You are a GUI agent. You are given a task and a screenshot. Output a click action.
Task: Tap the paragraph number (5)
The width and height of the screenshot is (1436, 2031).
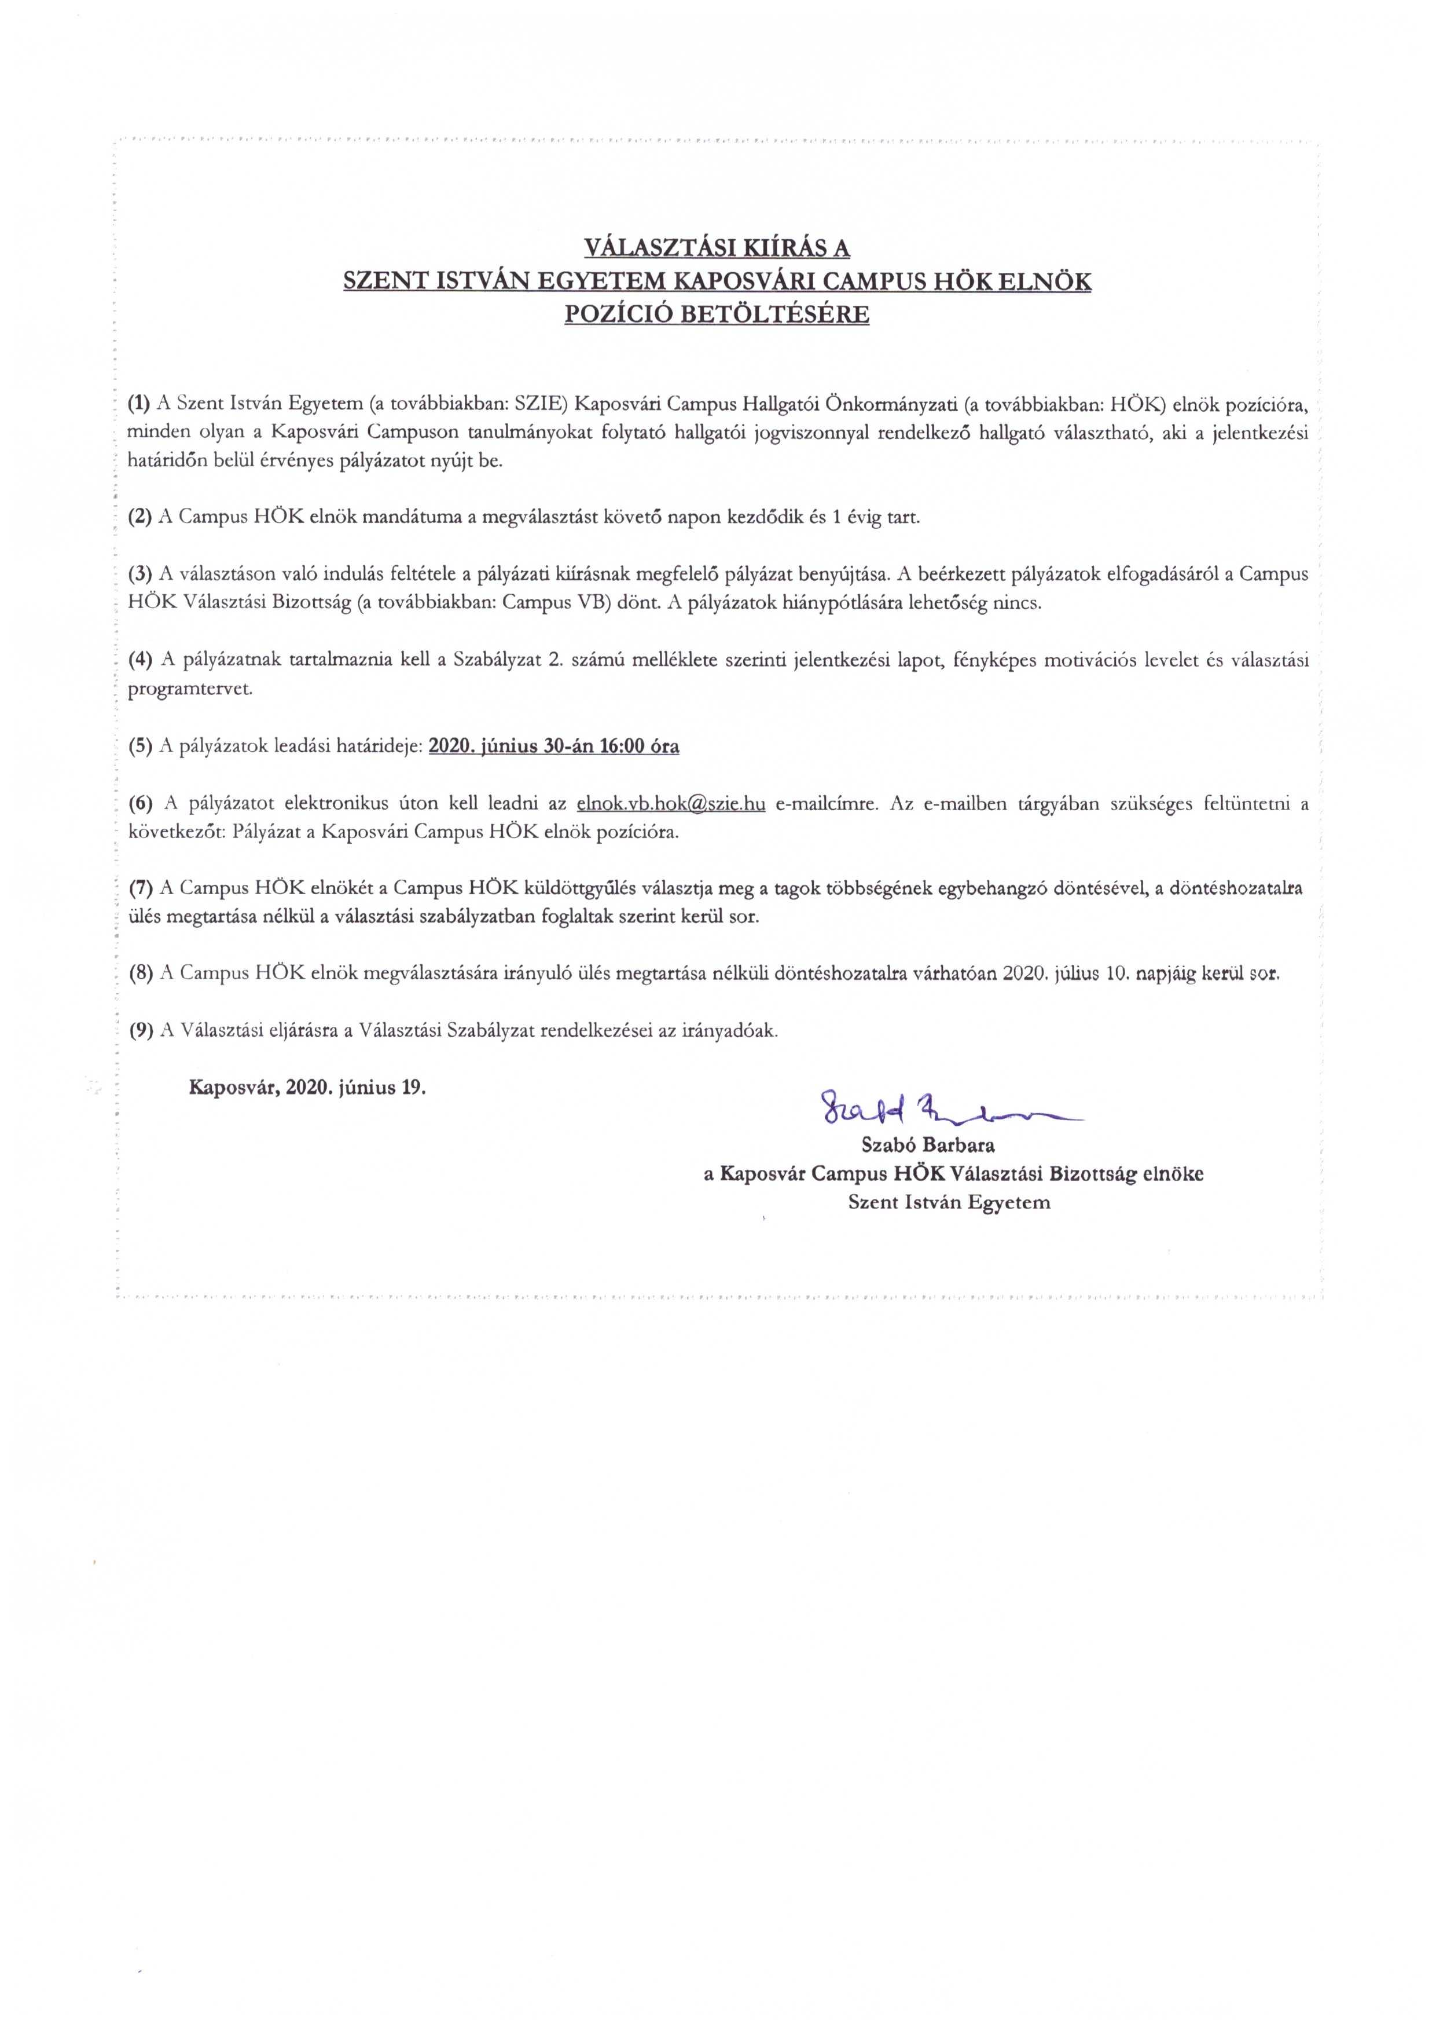[139, 746]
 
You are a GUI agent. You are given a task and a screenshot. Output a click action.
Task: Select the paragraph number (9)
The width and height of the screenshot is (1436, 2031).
[139, 1030]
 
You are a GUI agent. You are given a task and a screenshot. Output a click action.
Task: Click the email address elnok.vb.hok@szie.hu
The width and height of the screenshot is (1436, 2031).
[670, 803]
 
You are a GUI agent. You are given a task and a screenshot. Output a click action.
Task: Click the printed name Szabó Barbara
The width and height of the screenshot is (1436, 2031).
[928, 1145]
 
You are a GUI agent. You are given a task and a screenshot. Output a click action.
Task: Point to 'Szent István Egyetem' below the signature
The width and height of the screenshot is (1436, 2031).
[949, 1202]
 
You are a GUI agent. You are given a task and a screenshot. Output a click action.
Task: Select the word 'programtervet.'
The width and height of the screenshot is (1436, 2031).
[190, 689]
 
